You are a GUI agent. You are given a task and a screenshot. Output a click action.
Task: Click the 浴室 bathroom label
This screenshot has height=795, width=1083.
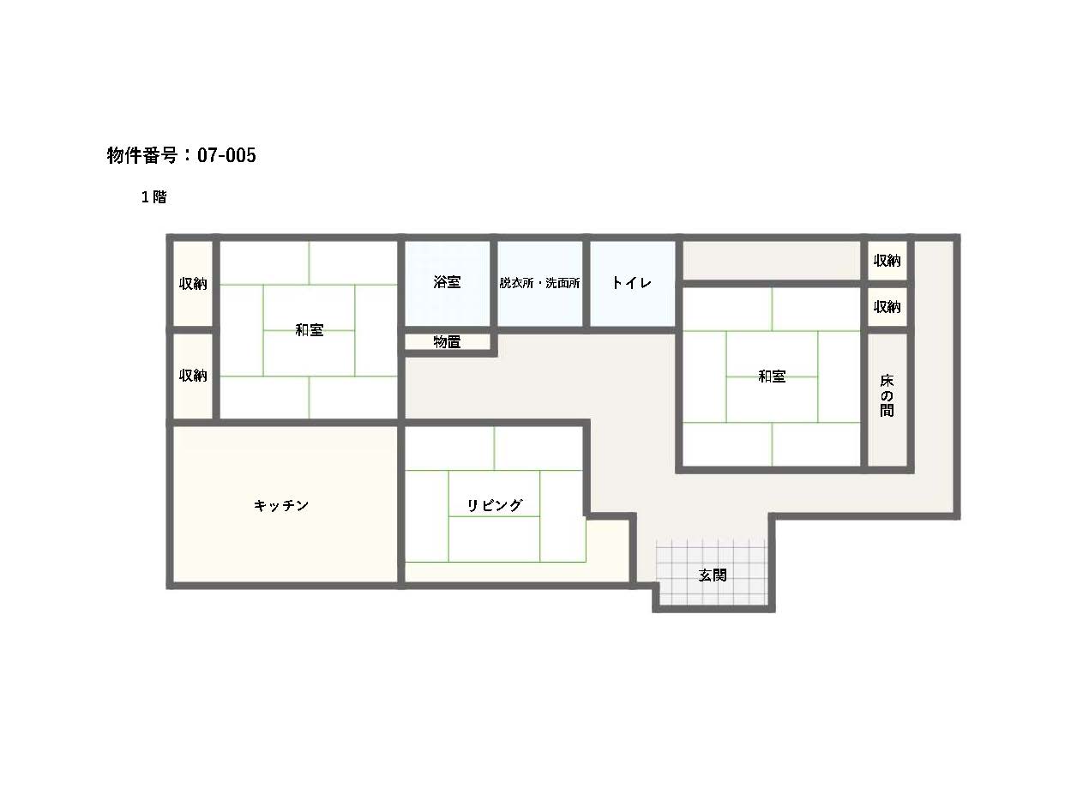coord(447,282)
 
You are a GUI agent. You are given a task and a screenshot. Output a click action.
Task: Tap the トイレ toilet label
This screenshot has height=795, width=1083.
coord(631,282)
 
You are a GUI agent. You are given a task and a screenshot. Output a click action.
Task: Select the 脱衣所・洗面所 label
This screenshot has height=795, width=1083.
coord(539,283)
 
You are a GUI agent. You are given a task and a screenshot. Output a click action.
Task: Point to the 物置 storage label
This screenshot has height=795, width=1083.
coord(447,342)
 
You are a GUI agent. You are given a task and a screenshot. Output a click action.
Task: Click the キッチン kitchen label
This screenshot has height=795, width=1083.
coord(281,505)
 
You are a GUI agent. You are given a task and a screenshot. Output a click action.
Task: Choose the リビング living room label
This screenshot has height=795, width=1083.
coord(494,505)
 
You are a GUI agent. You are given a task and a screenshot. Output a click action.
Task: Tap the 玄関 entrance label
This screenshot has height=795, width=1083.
coord(713,575)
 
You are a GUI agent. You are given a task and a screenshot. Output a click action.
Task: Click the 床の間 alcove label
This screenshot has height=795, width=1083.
coord(887,395)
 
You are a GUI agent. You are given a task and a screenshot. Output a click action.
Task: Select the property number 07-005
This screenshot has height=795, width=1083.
coord(226,155)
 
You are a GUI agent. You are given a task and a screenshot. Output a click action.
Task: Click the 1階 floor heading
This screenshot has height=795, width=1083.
coord(153,196)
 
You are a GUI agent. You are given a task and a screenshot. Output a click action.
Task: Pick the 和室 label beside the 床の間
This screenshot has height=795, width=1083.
coord(772,376)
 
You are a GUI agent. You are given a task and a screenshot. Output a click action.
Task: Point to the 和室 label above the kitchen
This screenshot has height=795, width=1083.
coord(309,330)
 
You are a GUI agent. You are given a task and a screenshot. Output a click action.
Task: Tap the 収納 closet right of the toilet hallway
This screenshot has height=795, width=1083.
coord(887,261)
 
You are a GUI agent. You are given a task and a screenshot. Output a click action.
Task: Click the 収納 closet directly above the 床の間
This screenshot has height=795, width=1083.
coord(887,306)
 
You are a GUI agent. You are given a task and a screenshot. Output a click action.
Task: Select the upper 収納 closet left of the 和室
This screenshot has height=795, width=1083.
coord(193,284)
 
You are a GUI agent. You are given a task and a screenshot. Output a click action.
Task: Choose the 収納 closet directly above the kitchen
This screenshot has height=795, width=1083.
coord(193,376)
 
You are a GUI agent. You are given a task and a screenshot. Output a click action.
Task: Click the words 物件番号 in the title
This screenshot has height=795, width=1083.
coord(142,155)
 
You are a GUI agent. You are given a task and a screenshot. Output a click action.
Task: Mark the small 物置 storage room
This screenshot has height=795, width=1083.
coord(448,342)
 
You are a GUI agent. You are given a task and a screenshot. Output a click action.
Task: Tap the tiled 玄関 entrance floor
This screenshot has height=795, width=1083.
coord(711,572)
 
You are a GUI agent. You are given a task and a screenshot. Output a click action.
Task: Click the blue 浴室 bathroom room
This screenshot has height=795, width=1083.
coord(448,283)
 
